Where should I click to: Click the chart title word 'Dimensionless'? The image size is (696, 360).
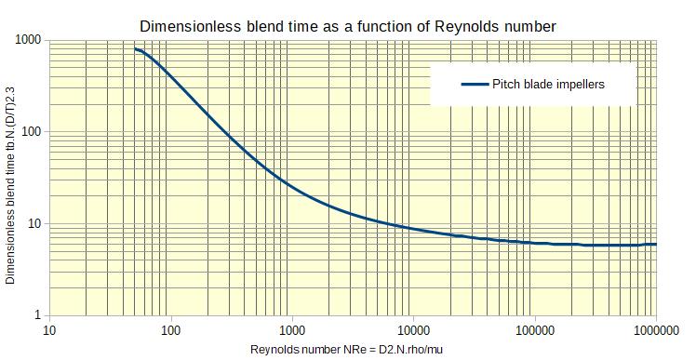[x=185, y=26]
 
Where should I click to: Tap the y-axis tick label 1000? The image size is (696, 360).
[x=27, y=40]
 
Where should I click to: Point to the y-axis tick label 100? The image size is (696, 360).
[x=31, y=132]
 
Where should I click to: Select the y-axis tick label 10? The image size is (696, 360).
[x=33, y=224]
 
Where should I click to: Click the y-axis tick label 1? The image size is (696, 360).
[x=37, y=316]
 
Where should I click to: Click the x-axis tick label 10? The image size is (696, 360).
[x=50, y=330]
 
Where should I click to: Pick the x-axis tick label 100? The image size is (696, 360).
[x=171, y=330]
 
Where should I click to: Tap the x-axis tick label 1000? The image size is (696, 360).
[x=292, y=330]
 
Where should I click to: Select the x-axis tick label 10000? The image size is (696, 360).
[x=413, y=330]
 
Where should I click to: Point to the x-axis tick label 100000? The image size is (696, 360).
[x=534, y=330]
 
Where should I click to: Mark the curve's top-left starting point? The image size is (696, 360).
[x=135, y=49]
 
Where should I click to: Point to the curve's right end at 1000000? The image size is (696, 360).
[x=656, y=245]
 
